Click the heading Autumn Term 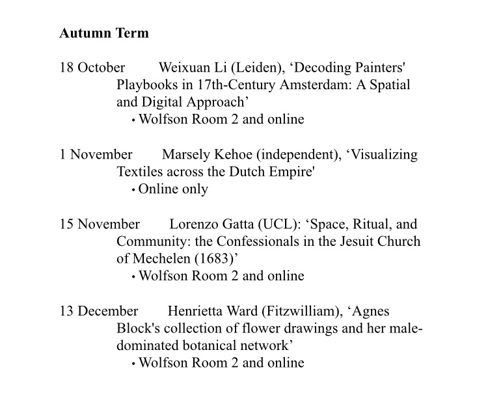click(104, 33)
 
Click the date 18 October click(92, 68)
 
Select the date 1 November click(96, 155)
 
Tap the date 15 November click(100, 224)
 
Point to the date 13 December click(99, 311)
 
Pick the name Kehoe click(232, 155)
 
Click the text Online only click(173, 189)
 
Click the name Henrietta click(196, 311)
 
